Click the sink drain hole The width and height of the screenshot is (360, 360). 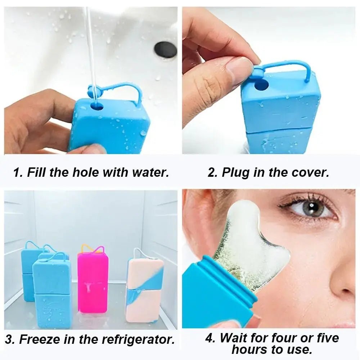166,50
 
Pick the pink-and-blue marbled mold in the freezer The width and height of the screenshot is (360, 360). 144,290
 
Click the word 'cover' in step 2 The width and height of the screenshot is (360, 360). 309,172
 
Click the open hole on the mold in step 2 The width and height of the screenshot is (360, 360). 262,85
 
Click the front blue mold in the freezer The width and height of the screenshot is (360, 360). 52,293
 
